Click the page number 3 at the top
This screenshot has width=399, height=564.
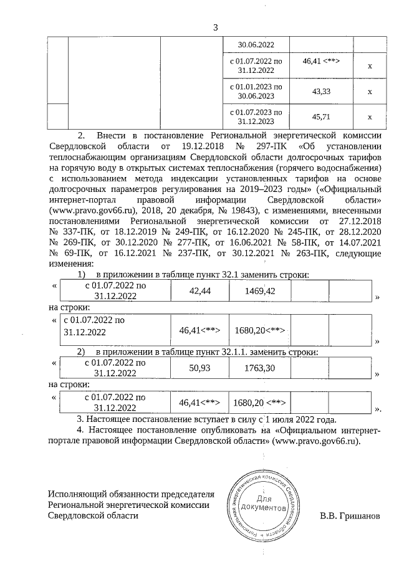pos(216,27)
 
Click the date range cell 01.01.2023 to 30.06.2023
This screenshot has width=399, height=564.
pos(256,92)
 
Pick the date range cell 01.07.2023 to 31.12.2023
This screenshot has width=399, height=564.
pos(256,117)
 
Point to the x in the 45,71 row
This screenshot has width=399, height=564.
pos(369,117)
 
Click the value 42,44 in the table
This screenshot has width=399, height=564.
pos(200,291)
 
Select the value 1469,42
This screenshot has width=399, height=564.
pos(257,291)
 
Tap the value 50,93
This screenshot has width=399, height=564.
pos(200,368)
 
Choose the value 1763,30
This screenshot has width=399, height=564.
pos(257,368)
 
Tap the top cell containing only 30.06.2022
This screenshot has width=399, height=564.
pos(256,44)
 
